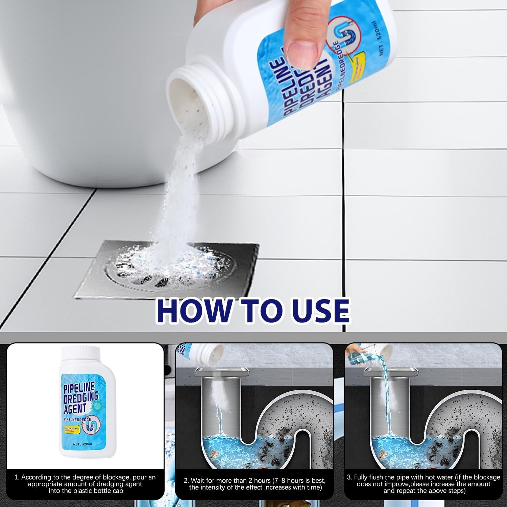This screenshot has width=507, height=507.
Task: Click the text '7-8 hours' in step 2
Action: tap(291, 481)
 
